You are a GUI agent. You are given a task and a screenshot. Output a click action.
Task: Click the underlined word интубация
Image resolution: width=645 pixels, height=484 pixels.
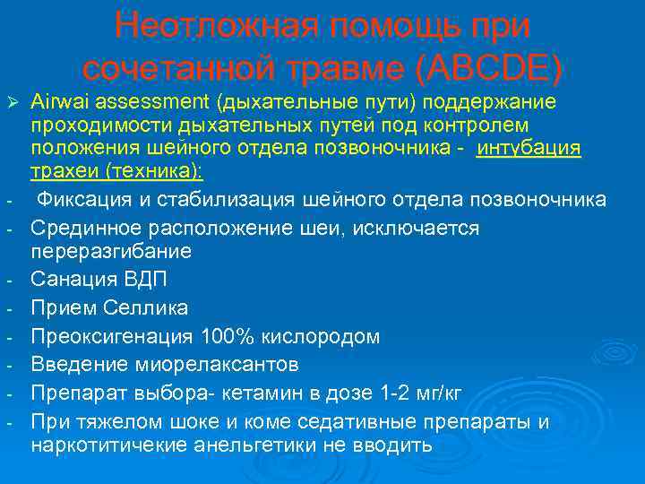pos(529,146)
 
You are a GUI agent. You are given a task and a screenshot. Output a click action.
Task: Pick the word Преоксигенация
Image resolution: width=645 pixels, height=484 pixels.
pos(111,336)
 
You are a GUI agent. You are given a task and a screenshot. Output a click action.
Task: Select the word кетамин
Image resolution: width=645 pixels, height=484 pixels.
pos(258,393)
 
